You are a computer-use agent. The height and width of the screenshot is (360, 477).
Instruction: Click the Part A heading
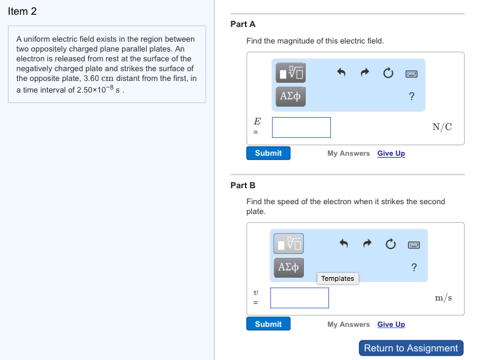242,24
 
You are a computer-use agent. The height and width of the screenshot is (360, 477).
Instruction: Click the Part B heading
242,185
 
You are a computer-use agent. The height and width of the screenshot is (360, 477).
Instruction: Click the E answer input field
301,128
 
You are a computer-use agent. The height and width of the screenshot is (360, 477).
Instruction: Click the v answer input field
300,298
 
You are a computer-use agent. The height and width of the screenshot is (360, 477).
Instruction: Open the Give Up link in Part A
391,153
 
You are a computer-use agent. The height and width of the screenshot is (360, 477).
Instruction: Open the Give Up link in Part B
391,324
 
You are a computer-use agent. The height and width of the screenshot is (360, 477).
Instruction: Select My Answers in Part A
348,153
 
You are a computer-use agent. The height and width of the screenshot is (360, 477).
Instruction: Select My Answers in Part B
348,324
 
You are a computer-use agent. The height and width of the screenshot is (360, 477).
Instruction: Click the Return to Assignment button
411,348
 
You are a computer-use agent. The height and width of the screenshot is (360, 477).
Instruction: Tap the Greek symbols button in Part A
290,96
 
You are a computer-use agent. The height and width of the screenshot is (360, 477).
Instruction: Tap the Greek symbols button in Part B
289,267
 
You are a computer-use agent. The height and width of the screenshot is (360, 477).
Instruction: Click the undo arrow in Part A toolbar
343,73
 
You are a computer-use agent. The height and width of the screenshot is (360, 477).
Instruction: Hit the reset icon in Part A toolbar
388,73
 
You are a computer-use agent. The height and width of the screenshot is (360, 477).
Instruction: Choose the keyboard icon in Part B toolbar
414,245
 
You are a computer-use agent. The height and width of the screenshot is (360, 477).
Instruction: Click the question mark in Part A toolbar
411,96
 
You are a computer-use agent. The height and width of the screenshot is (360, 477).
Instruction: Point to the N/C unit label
442,127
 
